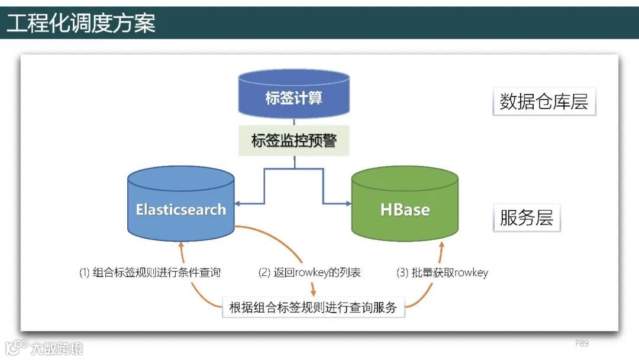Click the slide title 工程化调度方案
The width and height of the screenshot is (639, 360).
(x=81, y=23)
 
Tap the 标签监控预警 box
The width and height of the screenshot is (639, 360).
(x=293, y=140)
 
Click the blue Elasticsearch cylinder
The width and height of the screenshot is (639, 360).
(x=180, y=207)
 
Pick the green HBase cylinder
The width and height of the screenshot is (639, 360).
(x=405, y=207)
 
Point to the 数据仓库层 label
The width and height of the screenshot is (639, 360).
(x=544, y=102)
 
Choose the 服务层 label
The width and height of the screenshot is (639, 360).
(x=526, y=217)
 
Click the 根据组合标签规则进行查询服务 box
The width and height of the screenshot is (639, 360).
(x=313, y=308)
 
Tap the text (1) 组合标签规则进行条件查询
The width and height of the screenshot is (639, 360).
(x=150, y=273)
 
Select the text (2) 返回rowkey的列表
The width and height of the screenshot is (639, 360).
(x=309, y=273)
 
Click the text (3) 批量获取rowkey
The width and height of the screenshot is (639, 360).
(x=442, y=273)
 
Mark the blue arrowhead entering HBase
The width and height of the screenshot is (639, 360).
(x=348, y=203)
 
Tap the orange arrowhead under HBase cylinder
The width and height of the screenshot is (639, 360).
(x=438, y=245)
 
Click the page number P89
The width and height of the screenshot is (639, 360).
(x=582, y=343)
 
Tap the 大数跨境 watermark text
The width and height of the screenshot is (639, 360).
(x=57, y=348)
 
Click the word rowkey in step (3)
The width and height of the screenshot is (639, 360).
(x=471, y=273)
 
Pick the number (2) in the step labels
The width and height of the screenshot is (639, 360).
(x=264, y=273)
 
